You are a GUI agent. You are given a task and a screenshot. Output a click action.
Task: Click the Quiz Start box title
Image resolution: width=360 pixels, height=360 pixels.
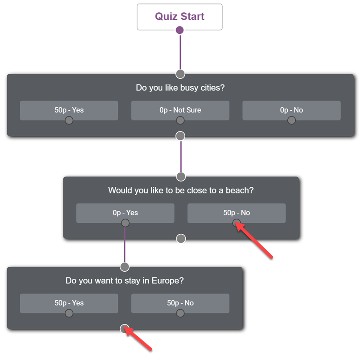pyautogui.click(x=180, y=16)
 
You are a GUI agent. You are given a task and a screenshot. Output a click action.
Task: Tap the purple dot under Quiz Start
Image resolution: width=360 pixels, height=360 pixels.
pyautogui.click(x=180, y=30)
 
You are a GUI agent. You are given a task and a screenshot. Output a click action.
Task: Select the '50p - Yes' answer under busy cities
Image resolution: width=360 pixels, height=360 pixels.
pyautogui.click(x=69, y=110)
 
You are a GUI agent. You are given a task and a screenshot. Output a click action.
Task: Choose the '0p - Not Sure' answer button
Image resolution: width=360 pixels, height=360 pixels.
pyautogui.click(x=180, y=110)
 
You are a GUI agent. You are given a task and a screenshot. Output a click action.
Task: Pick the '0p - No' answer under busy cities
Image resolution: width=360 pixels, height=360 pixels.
pyautogui.click(x=291, y=110)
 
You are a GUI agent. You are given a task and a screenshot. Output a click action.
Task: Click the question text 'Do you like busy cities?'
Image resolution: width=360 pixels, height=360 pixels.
pyautogui.click(x=180, y=88)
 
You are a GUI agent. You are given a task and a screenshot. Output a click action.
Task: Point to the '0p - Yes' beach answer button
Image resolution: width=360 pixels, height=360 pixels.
pyautogui.click(x=125, y=213)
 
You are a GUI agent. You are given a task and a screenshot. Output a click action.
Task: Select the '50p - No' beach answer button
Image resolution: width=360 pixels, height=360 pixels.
pyautogui.click(x=236, y=213)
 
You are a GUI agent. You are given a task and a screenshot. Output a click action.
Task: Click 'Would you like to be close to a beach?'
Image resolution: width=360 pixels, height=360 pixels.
pyautogui.click(x=181, y=190)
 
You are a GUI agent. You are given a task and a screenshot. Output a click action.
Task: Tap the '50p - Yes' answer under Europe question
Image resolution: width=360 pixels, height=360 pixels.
pyautogui.click(x=69, y=303)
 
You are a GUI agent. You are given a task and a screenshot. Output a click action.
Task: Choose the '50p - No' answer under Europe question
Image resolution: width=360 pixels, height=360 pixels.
pyautogui.click(x=180, y=303)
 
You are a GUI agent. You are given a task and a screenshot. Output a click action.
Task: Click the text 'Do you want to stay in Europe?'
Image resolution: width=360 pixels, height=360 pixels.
pyautogui.click(x=125, y=280)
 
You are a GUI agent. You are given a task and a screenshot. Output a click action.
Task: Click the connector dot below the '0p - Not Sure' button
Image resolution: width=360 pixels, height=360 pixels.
pyautogui.click(x=180, y=120)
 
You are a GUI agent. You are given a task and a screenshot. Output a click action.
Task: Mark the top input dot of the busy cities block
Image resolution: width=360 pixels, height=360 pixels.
pyautogui.click(x=180, y=74)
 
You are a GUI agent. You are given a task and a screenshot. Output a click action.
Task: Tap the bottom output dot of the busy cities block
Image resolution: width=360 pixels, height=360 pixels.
pyautogui.click(x=180, y=136)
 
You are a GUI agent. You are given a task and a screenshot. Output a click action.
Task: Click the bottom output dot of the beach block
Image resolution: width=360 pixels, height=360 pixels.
pyautogui.click(x=181, y=239)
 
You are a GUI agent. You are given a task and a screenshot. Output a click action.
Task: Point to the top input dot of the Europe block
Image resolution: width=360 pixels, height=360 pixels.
pyautogui.click(x=125, y=267)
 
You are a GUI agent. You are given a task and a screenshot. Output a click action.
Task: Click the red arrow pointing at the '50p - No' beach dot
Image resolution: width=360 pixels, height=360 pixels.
pyautogui.click(x=254, y=240)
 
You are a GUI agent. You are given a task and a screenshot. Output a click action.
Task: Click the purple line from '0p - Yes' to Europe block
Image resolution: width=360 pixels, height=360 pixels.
pyautogui.click(x=125, y=245)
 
